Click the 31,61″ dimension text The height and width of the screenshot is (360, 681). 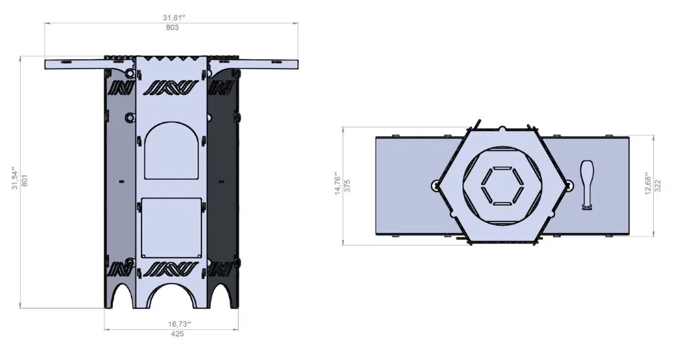click(x=174, y=18)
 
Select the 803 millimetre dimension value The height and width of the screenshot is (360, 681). click(x=172, y=27)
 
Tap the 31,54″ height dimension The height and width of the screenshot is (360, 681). click(x=15, y=178)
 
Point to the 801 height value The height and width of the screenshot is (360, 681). click(x=25, y=180)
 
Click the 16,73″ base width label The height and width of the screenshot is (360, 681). click(x=180, y=324)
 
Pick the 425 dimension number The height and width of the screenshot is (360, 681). click(x=177, y=334)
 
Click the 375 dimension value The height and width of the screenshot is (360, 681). click(x=347, y=186)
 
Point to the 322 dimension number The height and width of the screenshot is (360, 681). click(x=658, y=186)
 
